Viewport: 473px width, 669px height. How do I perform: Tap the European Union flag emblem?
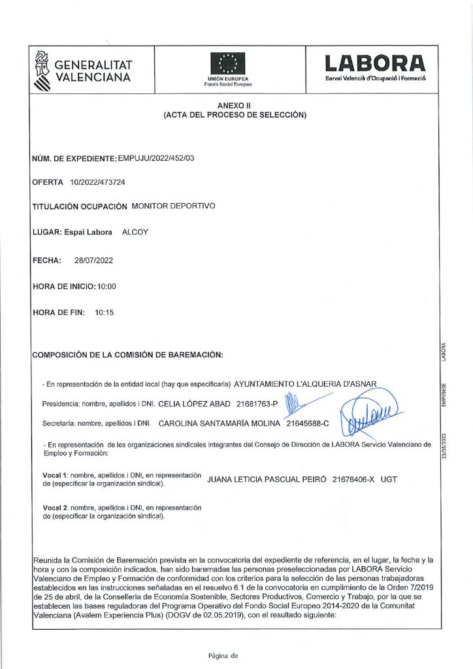[x=228, y=64]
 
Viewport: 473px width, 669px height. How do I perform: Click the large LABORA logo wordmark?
[x=376, y=64]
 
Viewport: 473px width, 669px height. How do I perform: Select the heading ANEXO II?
[x=235, y=105]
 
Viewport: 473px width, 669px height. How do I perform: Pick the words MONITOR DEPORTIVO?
[x=173, y=206]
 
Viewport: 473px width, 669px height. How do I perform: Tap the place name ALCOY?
[x=136, y=232]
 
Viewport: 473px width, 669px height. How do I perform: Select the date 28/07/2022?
[x=94, y=261]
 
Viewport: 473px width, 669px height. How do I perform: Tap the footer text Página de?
[x=223, y=655]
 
